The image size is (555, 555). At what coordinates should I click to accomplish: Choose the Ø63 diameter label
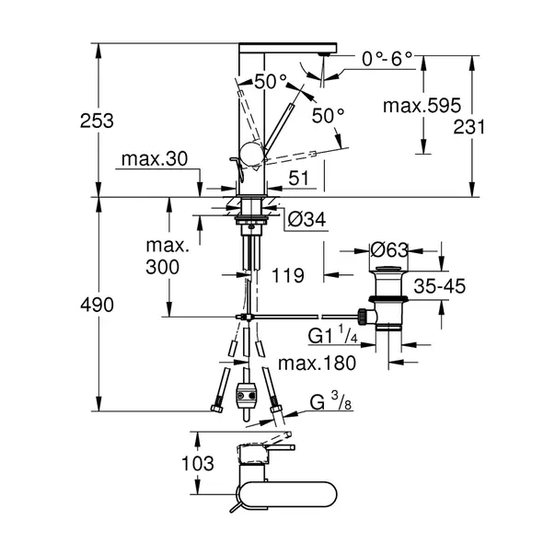389,249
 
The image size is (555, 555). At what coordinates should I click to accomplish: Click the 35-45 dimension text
440,285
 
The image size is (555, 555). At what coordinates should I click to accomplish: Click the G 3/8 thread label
328,402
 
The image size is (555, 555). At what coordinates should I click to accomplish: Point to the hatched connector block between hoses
247,398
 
